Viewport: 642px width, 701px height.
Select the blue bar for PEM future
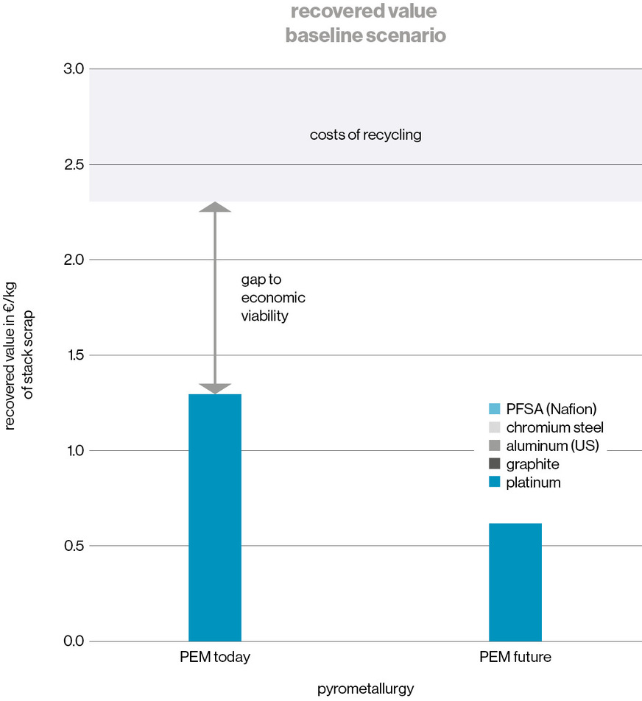(x=515, y=582)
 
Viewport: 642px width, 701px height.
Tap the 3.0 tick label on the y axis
(x=77, y=69)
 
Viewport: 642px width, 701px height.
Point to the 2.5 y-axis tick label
(x=77, y=164)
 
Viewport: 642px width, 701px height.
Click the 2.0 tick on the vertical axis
(x=77, y=260)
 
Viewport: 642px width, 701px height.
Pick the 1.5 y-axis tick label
(x=77, y=355)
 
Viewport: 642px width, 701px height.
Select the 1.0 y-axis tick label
(x=77, y=450)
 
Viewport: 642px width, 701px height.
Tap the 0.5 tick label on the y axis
(x=77, y=546)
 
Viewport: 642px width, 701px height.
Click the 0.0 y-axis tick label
(x=77, y=641)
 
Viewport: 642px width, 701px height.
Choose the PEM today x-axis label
(x=215, y=657)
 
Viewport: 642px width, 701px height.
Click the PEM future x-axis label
(x=515, y=657)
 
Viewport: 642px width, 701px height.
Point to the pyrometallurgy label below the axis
(x=366, y=689)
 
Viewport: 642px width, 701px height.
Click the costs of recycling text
(x=365, y=135)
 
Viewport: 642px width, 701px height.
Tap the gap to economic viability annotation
(x=272, y=298)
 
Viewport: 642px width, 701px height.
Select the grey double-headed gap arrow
(x=215, y=298)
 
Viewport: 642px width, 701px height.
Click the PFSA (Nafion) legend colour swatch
(x=494, y=408)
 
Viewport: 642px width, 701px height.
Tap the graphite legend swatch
(x=494, y=464)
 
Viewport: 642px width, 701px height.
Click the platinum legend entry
(x=533, y=483)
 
